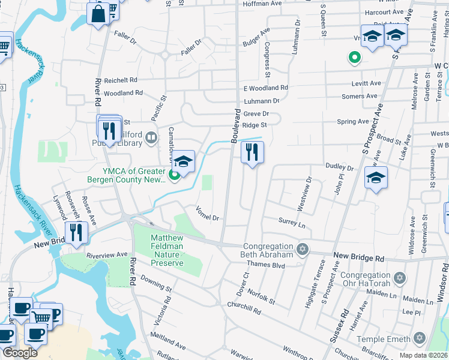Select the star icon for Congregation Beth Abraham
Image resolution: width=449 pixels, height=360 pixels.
[x=303, y=248]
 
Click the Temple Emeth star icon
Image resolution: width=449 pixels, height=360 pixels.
[x=420, y=339]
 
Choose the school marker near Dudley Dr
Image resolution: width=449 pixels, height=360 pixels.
[x=376, y=178]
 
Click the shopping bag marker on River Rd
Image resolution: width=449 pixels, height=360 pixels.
[x=98, y=13]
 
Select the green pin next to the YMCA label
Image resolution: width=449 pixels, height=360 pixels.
[x=174, y=175]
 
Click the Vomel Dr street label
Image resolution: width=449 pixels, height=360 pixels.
[x=207, y=213]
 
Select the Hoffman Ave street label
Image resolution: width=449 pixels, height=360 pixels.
[x=262, y=4]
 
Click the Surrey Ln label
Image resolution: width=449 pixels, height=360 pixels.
[x=292, y=223]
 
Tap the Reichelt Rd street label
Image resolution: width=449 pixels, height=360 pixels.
[x=121, y=80]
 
